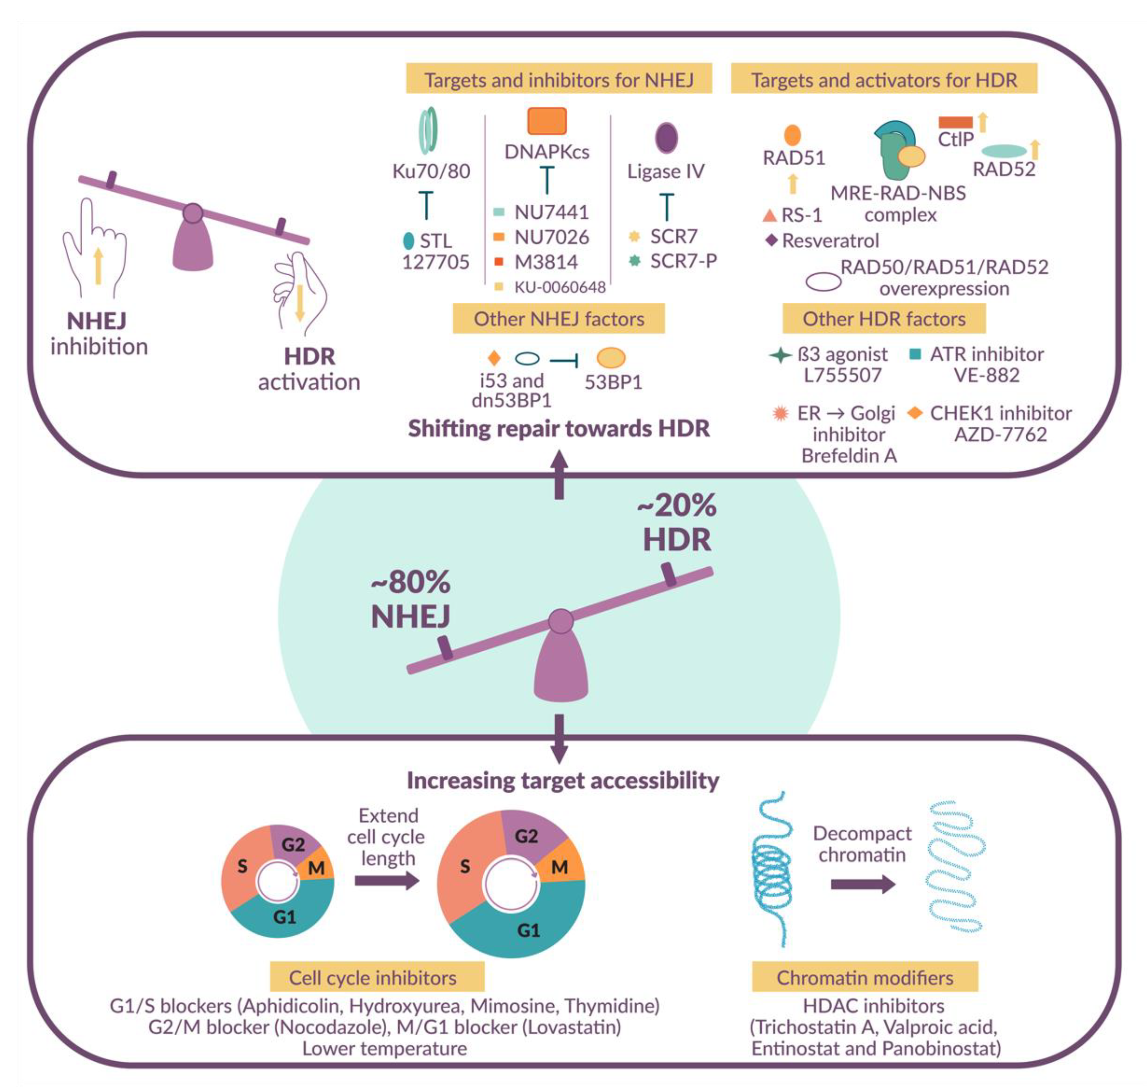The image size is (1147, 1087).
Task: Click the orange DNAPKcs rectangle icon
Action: [x=546, y=121]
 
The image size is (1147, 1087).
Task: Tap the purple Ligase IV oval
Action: [x=666, y=138]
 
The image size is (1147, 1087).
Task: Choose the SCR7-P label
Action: [x=683, y=261]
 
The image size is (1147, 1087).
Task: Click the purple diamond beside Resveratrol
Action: [x=771, y=240]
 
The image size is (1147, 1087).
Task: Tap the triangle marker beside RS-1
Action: [x=769, y=216]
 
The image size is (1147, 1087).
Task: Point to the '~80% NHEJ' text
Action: [x=411, y=599]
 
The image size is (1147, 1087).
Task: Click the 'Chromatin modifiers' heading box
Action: [x=865, y=978]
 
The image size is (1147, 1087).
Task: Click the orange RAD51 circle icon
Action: [x=792, y=135]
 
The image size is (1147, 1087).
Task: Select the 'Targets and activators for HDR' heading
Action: [x=883, y=80]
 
